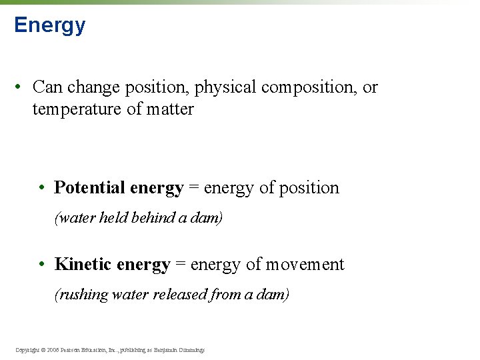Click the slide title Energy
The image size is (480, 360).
(49, 25)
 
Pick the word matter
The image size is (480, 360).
(171, 109)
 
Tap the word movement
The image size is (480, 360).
(305, 265)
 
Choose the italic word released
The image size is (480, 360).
(182, 295)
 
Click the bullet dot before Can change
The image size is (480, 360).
(21, 87)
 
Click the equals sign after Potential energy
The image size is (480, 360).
(193, 189)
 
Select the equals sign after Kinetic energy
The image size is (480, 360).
(180, 265)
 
